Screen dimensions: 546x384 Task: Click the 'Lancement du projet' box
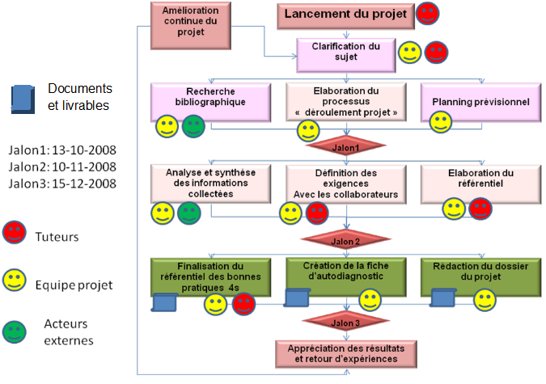point(345,16)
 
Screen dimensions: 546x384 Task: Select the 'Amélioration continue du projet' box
point(191,26)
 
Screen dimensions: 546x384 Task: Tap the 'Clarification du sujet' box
point(346,55)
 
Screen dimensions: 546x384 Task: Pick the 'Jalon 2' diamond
point(345,239)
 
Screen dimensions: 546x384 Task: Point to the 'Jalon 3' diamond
point(345,322)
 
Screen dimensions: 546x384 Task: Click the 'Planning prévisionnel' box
point(480,103)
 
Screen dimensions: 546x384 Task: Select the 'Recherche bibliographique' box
point(210,103)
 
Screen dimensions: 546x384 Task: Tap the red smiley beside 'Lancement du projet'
point(428,14)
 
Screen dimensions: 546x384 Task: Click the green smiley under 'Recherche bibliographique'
point(193,126)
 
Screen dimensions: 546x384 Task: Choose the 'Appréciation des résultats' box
point(346,354)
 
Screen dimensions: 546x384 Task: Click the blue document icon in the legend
point(23,99)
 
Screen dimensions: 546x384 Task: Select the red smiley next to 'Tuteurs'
point(15,232)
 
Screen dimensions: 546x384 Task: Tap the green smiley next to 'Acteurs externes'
point(15,331)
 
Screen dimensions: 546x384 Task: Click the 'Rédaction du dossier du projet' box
point(480,277)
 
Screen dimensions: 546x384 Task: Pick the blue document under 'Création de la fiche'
point(297,298)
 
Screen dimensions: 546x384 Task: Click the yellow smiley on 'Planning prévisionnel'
point(441,122)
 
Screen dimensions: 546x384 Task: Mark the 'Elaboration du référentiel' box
point(480,184)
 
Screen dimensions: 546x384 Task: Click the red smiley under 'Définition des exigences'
point(317,213)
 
